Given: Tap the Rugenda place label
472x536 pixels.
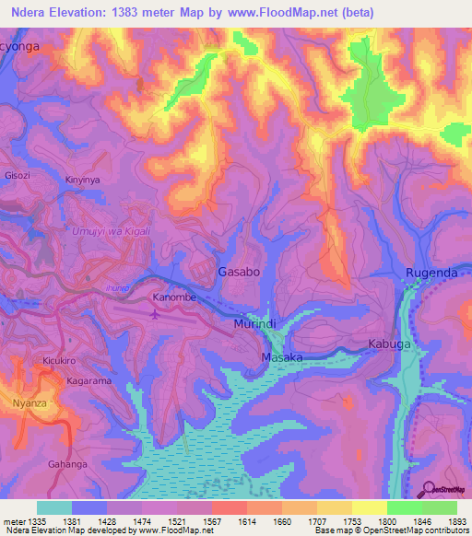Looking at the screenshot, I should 431,273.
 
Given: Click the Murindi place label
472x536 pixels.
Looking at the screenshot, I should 254,325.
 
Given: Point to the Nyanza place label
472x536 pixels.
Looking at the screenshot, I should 29,403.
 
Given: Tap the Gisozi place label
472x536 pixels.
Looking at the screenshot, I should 18,174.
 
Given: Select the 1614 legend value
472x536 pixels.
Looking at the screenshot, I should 246,520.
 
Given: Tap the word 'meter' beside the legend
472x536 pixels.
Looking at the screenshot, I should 12,520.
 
